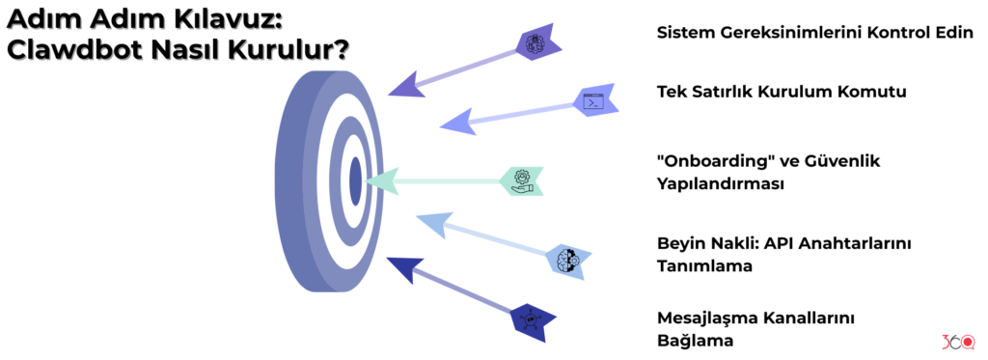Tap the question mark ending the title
(341, 49)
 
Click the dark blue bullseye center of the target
(355, 180)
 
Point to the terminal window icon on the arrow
(592, 101)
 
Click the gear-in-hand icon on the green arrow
(522, 180)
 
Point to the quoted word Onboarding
(715, 161)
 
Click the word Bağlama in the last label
(696, 341)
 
